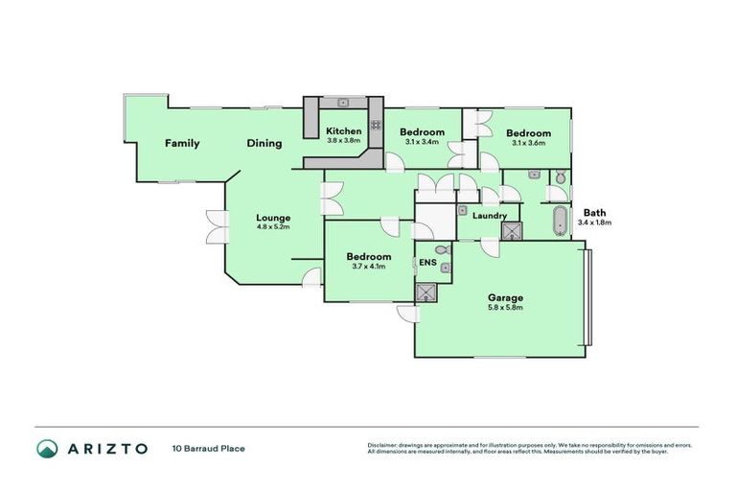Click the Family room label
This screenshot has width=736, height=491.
click(181, 144)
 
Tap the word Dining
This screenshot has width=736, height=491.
click(264, 144)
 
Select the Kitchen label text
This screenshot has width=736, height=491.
click(344, 130)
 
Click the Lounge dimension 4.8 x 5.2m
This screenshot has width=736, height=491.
click(272, 227)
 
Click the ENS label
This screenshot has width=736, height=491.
click(427, 259)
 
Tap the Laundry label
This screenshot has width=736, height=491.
click(490, 216)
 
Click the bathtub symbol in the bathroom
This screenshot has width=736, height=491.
click(558, 222)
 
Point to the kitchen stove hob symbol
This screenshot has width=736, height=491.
click(311, 121)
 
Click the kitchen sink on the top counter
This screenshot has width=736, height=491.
click(342, 101)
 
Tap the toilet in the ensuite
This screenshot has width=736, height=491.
click(441, 250)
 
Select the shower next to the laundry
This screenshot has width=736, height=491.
click(513, 231)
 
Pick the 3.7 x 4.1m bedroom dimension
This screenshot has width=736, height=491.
click(368, 267)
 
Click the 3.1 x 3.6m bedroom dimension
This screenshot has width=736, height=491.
click(528, 143)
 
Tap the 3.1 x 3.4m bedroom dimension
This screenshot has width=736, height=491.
click(422, 142)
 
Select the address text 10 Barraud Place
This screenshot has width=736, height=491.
click(208, 448)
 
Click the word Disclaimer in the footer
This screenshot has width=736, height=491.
click(382, 445)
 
